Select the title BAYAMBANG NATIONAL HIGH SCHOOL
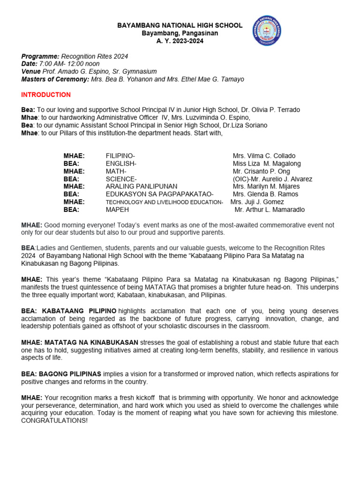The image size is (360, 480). (180, 26)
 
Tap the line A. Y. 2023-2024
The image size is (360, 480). (180, 41)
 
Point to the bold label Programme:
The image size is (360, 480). (40, 56)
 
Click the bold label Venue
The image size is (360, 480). (31, 71)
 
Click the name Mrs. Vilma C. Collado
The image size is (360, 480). (264, 156)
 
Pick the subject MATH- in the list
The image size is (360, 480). (116, 171)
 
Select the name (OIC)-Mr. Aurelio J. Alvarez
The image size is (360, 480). (272, 179)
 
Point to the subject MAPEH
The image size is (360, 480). (117, 210)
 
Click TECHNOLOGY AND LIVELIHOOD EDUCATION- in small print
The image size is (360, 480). (164, 202)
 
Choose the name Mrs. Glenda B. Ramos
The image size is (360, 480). (266, 194)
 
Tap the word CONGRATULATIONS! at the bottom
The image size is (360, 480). (54, 420)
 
